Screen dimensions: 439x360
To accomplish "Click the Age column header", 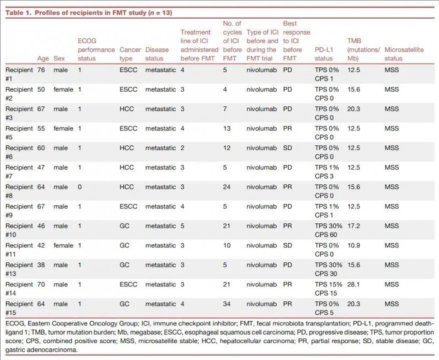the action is pos(43,59).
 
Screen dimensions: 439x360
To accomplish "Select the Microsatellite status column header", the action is pos(404,54).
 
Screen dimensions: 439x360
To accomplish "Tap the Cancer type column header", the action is pos(130,54).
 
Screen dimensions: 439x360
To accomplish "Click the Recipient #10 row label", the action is pos(19,230).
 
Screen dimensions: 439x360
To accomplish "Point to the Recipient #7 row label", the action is pos(19,172).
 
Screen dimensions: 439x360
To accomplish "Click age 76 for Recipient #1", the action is pos(41,70).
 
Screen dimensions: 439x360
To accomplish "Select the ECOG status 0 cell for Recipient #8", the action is pos(80,187).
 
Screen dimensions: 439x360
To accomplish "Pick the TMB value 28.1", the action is pos(353,284).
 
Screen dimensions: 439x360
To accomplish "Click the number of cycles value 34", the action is pos(227,303).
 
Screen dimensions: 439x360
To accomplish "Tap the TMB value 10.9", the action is pos(353,245).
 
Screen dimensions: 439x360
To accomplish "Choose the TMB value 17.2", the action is pos(353,226).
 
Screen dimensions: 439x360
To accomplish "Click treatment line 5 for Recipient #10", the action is pos(183,226).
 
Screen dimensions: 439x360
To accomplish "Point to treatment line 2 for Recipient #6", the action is pos(183,148).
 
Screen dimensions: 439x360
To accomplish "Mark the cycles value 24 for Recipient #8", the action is pos(227,187).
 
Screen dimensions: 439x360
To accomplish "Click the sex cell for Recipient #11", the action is pos(63,245).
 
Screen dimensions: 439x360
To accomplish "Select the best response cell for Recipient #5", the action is pos(288,128).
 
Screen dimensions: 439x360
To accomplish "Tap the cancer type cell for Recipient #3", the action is pos(127,109).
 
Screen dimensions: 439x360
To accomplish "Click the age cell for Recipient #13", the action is pos(41,265).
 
